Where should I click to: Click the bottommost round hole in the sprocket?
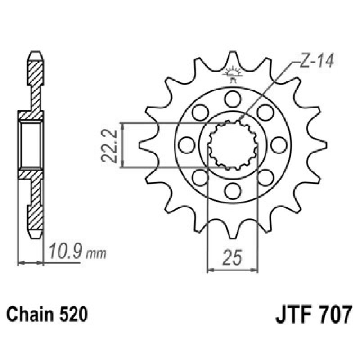pos(233,191)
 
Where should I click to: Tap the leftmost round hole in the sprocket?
pos(186,144)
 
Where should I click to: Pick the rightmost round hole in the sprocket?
pos(279,144)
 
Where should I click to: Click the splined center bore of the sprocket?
pos(233,144)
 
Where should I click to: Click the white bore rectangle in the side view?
pos(31,144)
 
